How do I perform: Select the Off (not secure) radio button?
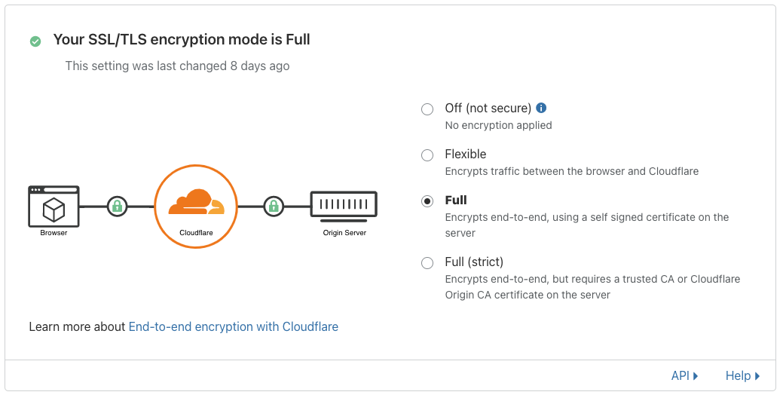click(x=427, y=109)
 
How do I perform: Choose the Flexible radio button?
click(x=427, y=155)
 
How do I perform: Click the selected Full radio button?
click(x=427, y=201)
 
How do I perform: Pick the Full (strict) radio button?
click(x=427, y=262)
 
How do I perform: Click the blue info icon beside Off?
click(x=541, y=107)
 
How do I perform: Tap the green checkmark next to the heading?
click(x=35, y=41)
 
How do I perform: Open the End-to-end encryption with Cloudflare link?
click(x=233, y=326)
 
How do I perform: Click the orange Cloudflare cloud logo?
click(x=196, y=202)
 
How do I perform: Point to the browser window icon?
click(x=54, y=207)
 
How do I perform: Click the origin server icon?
click(x=344, y=206)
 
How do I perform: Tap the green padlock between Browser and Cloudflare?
click(x=117, y=206)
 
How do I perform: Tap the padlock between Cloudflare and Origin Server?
click(x=273, y=206)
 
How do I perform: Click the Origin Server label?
click(x=344, y=233)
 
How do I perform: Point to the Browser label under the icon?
click(x=54, y=233)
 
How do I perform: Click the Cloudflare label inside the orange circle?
click(x=196, y=233)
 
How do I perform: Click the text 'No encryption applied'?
click(x=498, y=125)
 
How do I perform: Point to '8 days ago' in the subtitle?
click(x=260, y=66)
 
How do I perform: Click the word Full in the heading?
click(x=298, y=39)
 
